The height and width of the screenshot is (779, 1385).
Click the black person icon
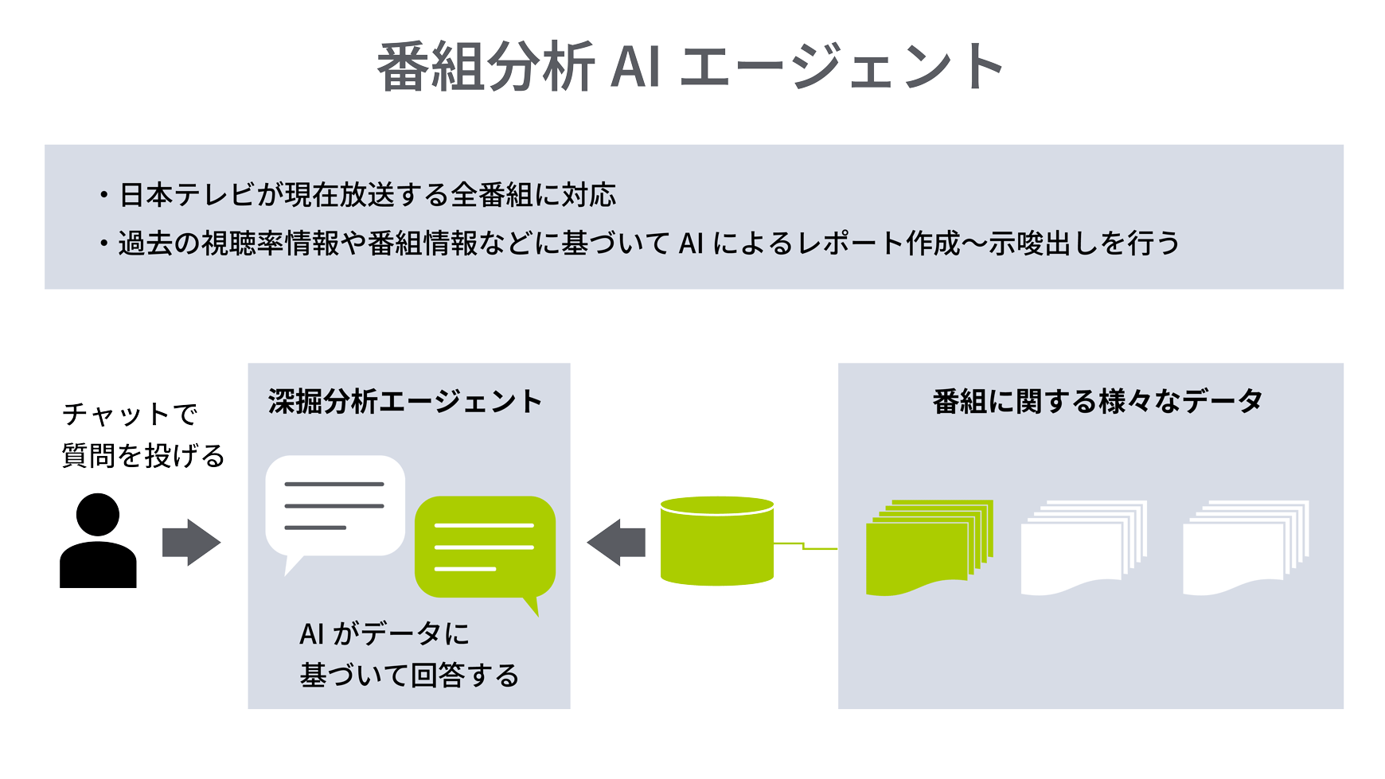[x=98, y=543]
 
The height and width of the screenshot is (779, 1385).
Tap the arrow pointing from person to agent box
[x=191, y=543]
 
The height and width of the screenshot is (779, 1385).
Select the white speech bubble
[x=335, y=506]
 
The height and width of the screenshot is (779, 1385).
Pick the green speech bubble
[x=485, y=547]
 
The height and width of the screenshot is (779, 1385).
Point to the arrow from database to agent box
[x=616, y=543]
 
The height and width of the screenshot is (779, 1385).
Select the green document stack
[x=928, y=547]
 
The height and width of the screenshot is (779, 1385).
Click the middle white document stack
[x=1083, y=547]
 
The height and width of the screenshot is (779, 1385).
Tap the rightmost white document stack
[x=1246, y=547]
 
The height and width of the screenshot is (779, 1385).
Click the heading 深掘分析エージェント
[x=405, y=402]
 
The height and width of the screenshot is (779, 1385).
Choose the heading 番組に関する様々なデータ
[x=1097, y=402]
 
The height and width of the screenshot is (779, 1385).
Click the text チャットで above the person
[x=130, y=414]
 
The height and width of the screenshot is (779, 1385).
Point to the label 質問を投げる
[x=143, y=456]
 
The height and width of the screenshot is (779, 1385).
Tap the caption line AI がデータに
[x=384, y=634]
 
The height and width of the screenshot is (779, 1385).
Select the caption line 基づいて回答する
[x=409, y=676]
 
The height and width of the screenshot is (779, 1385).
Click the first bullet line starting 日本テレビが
[x=367, y=195]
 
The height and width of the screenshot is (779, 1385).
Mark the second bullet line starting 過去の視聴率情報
[x=648, y=243]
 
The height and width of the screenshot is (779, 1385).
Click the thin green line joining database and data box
[x=806, y=547]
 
